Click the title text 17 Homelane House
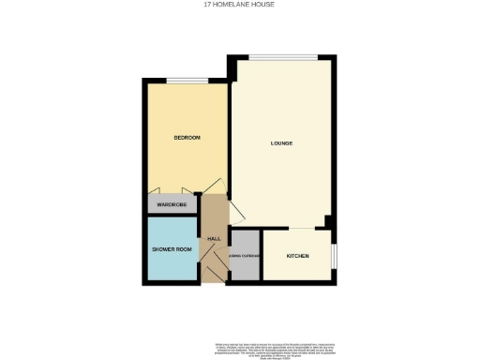[239, 5]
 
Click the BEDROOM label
[187, 138]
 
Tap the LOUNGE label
[282, 143]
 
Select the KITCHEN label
[298, 256]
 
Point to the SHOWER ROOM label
[172, 249]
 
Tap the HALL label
[214, 239]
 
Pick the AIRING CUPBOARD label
[246, 256]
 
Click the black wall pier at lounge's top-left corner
[232, 67]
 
